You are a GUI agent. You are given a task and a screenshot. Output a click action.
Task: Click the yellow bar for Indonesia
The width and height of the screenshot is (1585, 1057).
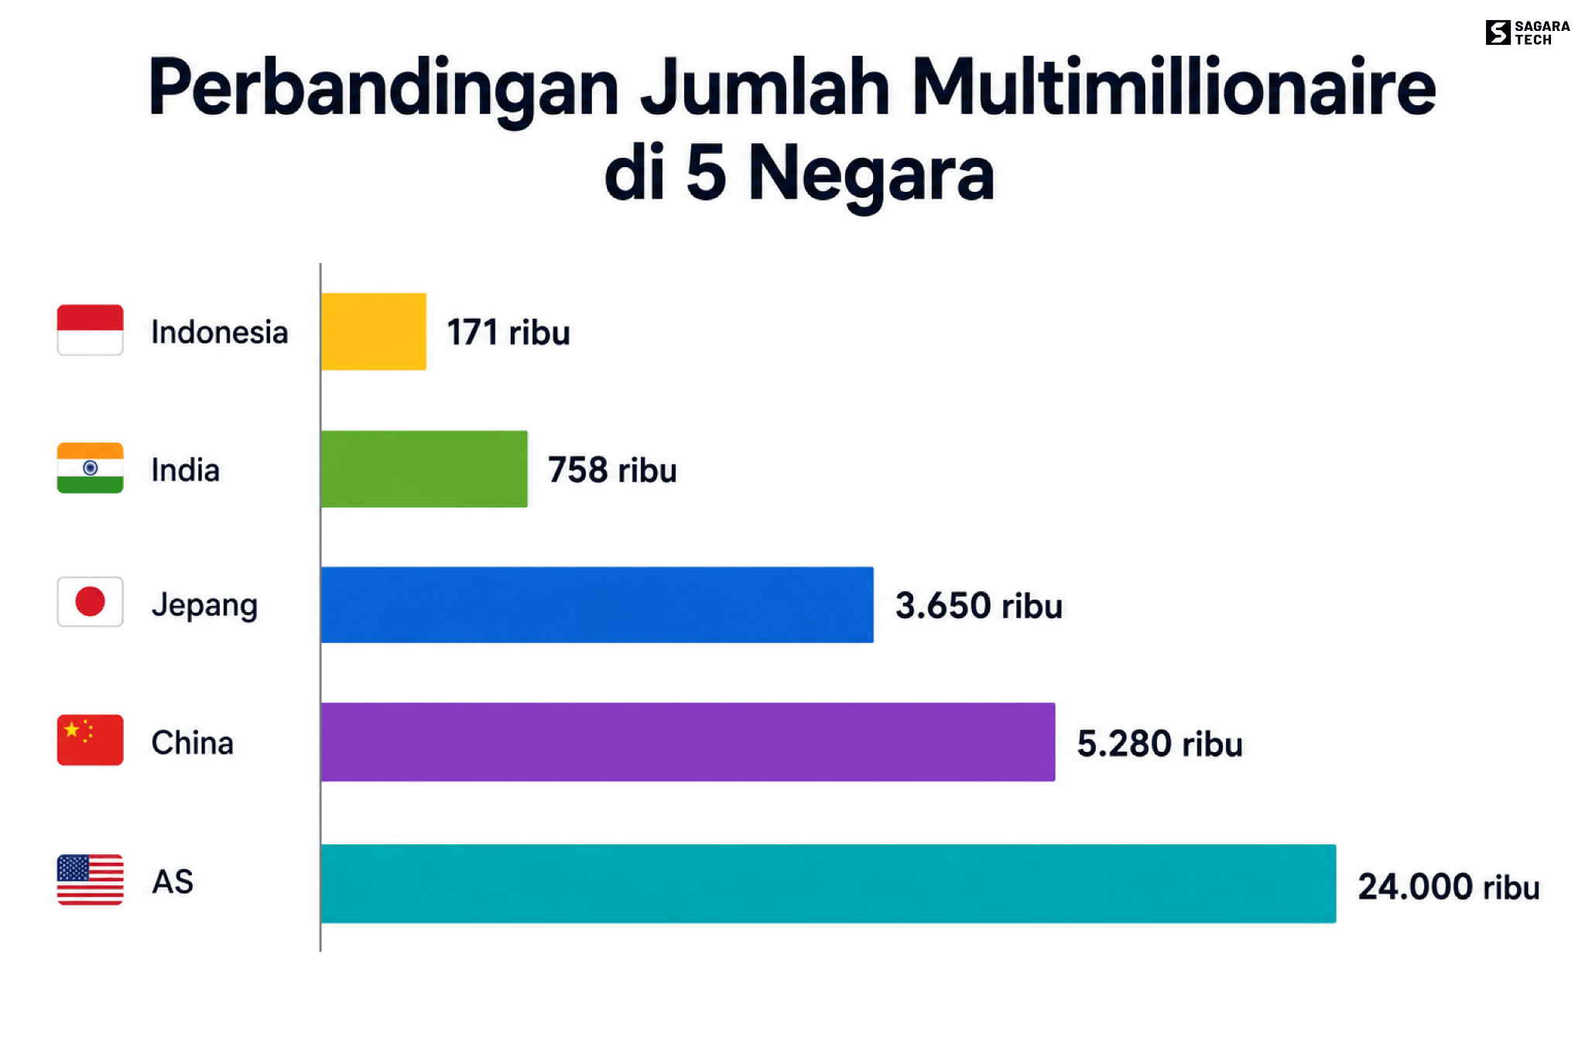point(373,331)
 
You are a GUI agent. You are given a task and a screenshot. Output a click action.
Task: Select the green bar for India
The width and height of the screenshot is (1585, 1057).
point(424,469)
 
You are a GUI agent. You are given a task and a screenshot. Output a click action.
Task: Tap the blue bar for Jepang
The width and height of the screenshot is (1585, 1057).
point(597,604)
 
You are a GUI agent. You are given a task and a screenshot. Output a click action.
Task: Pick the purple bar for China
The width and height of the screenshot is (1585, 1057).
point(688,742)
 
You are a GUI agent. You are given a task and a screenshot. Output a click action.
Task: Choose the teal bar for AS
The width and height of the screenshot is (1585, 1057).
point(829,884)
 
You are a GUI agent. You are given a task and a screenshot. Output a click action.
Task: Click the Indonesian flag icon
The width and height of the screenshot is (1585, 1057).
point(90,330)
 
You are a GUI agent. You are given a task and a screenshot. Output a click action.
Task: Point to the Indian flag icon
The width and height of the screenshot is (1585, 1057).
point(90,468)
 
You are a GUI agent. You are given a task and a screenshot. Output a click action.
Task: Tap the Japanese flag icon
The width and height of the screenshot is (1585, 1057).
point(90,602)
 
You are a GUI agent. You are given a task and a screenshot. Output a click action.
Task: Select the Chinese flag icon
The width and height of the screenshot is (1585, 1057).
point(90,741)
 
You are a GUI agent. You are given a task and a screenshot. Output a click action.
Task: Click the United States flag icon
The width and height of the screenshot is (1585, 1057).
point(90,880)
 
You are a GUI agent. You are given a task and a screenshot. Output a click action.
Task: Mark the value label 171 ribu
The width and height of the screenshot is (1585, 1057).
point(508,333)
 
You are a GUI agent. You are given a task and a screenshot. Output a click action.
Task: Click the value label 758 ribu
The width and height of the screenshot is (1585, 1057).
point(612,470)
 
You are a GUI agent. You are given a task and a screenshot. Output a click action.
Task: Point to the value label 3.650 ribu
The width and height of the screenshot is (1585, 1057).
point(979,606)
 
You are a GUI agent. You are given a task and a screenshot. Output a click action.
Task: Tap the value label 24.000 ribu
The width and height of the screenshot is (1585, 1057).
point(1449,887)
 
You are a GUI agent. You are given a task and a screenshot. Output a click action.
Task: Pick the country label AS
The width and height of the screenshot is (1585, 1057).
point(173,881)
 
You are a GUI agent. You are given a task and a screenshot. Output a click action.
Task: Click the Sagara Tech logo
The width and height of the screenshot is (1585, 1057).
point(1528,32)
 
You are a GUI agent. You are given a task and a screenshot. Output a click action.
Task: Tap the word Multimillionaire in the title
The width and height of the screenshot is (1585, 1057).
point(1173,87)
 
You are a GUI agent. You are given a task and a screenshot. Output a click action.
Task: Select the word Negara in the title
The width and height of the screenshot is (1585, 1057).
point(871,174)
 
